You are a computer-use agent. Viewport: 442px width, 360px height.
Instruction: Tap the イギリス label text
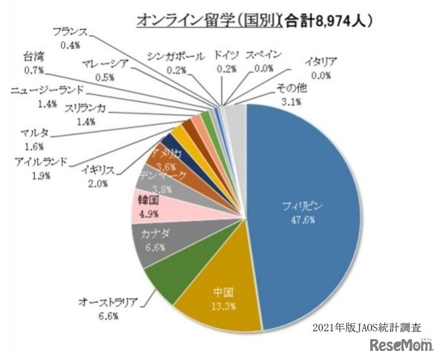coord(99,171)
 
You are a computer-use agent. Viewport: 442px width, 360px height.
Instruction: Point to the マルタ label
coord(33,135)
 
